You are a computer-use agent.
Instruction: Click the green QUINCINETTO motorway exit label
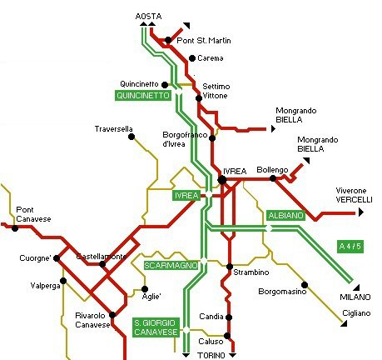click(x=143, y=96)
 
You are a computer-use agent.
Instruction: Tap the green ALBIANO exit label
click(x=285, y=216)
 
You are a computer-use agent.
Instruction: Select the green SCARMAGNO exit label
click(x=171, y=266)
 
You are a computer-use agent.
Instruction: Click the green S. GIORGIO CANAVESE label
click(x=156, y=327)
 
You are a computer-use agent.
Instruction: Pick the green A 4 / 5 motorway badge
click(x=350, y=247)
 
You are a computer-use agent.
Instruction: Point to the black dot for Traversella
click(x=131, y=137)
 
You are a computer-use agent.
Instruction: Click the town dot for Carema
click(x=192, y=58)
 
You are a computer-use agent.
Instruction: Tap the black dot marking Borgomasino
click(x=305, y=285)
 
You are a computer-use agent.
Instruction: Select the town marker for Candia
click(x=229, y=317)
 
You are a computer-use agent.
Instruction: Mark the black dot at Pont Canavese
click(x=15, y=228)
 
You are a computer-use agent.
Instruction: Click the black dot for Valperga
click(x=63, y=281)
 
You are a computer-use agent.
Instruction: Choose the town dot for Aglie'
click(x=145, y=289)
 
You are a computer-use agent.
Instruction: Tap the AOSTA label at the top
click(x=148, y=17)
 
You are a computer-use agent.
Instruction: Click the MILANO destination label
click(x=355, y=297)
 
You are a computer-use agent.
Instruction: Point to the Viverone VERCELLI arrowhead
click(x=360, y=212)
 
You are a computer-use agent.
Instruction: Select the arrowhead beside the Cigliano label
click(x=345, y=323)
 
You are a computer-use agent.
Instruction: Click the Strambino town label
click(x=251, y=272)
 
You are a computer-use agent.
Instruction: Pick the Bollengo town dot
click(x=273, y=178)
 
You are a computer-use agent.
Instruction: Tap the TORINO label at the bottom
click(x=211, y=356)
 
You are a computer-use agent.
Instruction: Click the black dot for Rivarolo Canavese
click(x=112, y=315)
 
